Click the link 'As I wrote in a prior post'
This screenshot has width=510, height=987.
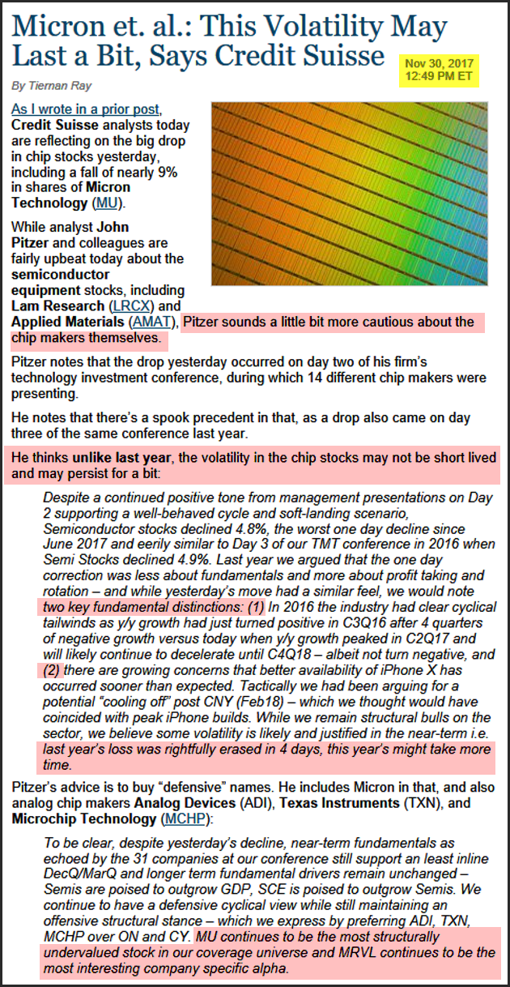87,109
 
